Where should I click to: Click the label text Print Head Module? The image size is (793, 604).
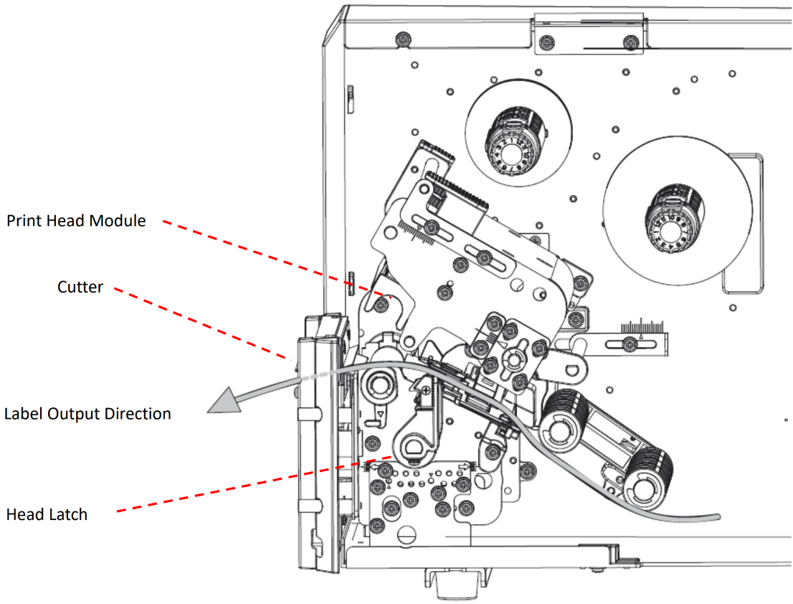click(76, 221)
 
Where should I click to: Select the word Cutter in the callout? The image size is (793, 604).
click(80, 288)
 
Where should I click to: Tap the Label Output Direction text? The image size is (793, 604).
click(87, 414)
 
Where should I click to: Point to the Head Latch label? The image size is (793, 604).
click(47, 514)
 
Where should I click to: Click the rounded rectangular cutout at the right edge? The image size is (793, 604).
click(743, 222)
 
